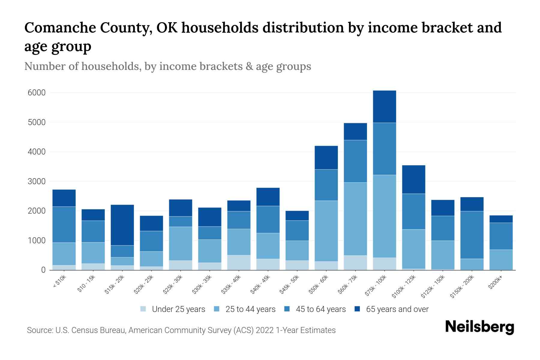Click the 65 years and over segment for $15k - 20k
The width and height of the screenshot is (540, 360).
[122, 225]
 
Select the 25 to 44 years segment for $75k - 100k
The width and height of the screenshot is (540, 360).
[384, 216]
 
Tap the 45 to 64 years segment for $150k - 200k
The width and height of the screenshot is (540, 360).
[472, 235]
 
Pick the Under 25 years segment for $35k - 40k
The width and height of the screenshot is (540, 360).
[239, 262]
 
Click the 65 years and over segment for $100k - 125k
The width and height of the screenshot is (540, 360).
[413, 179]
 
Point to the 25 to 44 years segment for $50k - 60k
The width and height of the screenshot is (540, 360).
[326, 231]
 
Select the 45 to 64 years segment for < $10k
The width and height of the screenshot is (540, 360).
[64, 224]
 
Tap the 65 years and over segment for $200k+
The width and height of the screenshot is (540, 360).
[501, 219]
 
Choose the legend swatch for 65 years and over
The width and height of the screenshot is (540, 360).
[357, 309]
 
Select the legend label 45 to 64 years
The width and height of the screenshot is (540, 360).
[321, 309]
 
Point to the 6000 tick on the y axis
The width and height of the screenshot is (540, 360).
[37, 93]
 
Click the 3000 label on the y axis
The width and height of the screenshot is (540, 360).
[37, 181]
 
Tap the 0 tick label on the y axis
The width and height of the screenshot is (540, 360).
[43, 270]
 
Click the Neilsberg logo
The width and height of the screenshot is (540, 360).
[479, 327]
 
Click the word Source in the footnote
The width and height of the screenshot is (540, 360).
[39, 330]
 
